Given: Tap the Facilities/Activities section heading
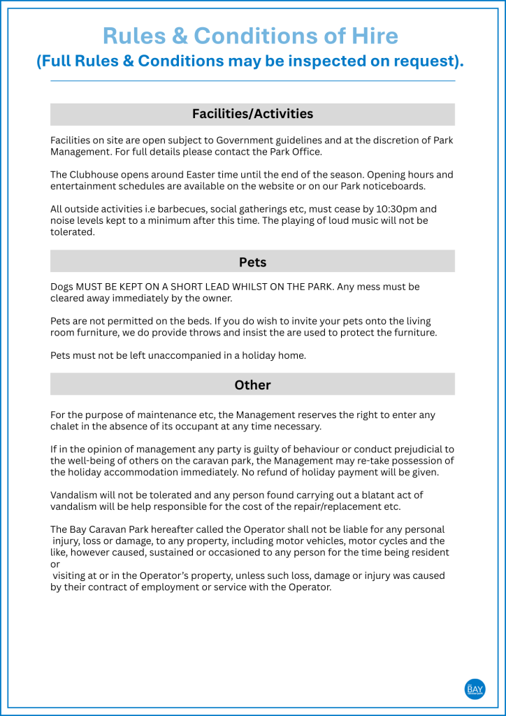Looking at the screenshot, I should coord(252,114).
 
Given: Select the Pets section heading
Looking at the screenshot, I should coord(252,262).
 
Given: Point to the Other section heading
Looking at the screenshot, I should coord(252,385).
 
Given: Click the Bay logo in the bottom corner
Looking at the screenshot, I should coord(475,689).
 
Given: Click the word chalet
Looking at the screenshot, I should coord(66,427).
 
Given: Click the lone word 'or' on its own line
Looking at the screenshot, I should coord(55,564).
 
